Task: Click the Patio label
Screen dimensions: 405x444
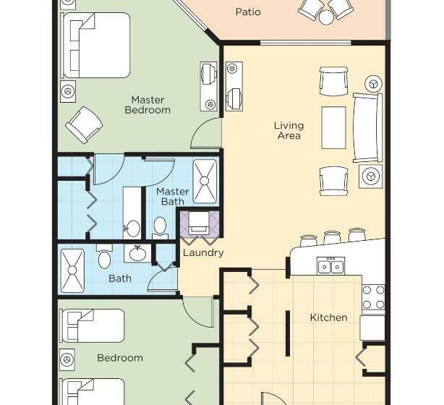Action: coord(248,12)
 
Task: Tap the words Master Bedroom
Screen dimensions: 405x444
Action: coord(148,105)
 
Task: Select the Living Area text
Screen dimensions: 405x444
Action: coord(289,130)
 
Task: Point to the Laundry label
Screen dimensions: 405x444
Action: coord(202,253)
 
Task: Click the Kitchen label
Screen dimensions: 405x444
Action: coord(328,317)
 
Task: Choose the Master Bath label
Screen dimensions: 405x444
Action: coord(172,197)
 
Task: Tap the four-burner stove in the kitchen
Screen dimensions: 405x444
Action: coord(373,297)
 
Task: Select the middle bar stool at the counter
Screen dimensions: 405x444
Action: coord(333,237)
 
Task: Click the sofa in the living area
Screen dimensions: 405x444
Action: coord(367,127)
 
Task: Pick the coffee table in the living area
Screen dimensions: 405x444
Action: coord(334,127)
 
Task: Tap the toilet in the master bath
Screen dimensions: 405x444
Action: coord(161,226)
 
